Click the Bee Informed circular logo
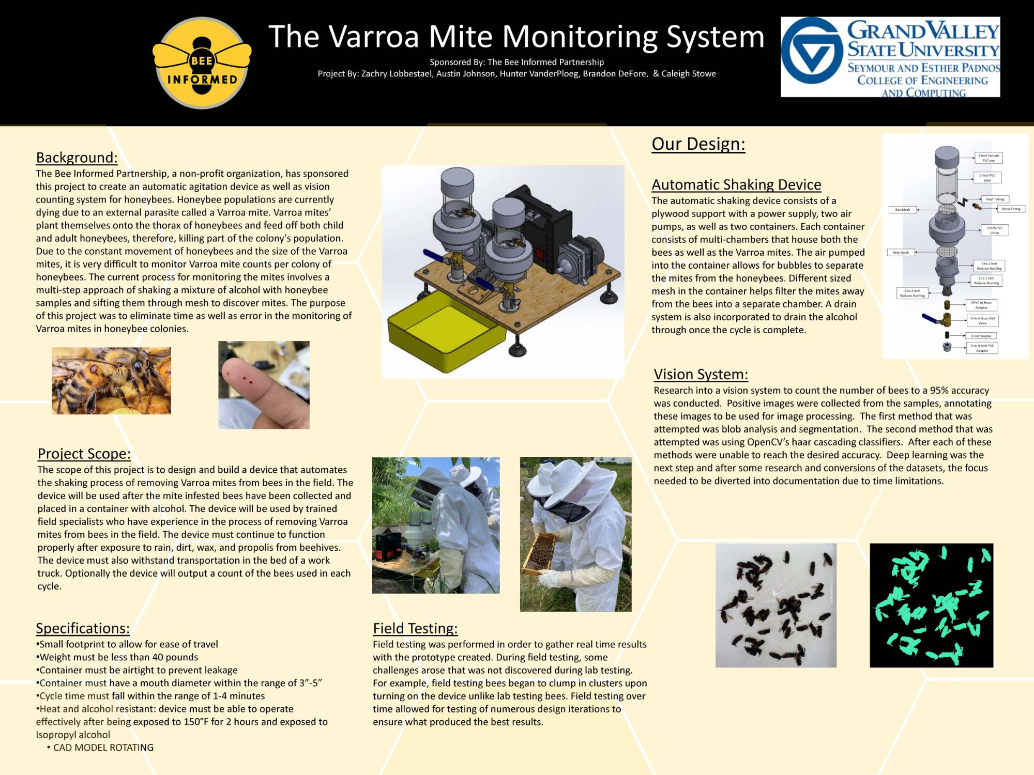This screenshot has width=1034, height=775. click(x=202, y=64)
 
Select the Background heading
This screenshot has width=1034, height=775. click(x=77, y=158)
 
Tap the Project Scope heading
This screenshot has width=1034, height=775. click(x=84, y=454)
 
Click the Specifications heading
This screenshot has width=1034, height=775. click(x=83, y=628)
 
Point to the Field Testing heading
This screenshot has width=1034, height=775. click(x=415, y=628)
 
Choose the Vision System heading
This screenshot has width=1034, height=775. click(x=701, y=374)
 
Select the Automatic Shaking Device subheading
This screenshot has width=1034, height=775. click(x=736, y=184)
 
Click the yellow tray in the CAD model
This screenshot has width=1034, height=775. click(x=445, y=331)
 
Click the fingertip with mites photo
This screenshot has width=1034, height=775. click(x=264, y=385)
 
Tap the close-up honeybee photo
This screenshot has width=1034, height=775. click(x=111, y=381)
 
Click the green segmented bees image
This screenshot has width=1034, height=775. click(x=931, y=605)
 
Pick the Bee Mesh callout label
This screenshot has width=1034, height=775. click(x=902, y=210)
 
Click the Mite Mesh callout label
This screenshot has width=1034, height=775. click(x=901, y=253)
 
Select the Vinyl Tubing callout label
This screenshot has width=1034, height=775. click(x=995, y=199)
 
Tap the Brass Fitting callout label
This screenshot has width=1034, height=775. click(x=1011, y=209)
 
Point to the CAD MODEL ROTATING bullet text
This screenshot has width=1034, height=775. click(x=103, y=748)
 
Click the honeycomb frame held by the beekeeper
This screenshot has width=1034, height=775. click(x=538, y=555)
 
